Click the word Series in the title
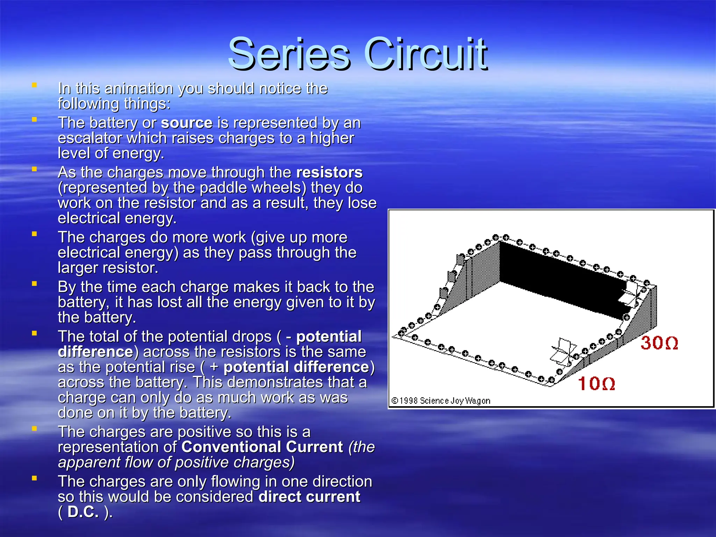coord(289,54)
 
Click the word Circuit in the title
coord(425,54)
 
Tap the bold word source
coord(187,123)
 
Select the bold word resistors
coord(329,172)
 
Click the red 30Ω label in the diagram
coord(659,343)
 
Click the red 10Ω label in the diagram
coord(596,384)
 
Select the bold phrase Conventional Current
coord(262,447)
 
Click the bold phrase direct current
coord(309,497)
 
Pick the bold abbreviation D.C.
coord(83,512)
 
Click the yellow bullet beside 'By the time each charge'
coord(34,284)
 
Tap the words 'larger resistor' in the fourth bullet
coord(108,268)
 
